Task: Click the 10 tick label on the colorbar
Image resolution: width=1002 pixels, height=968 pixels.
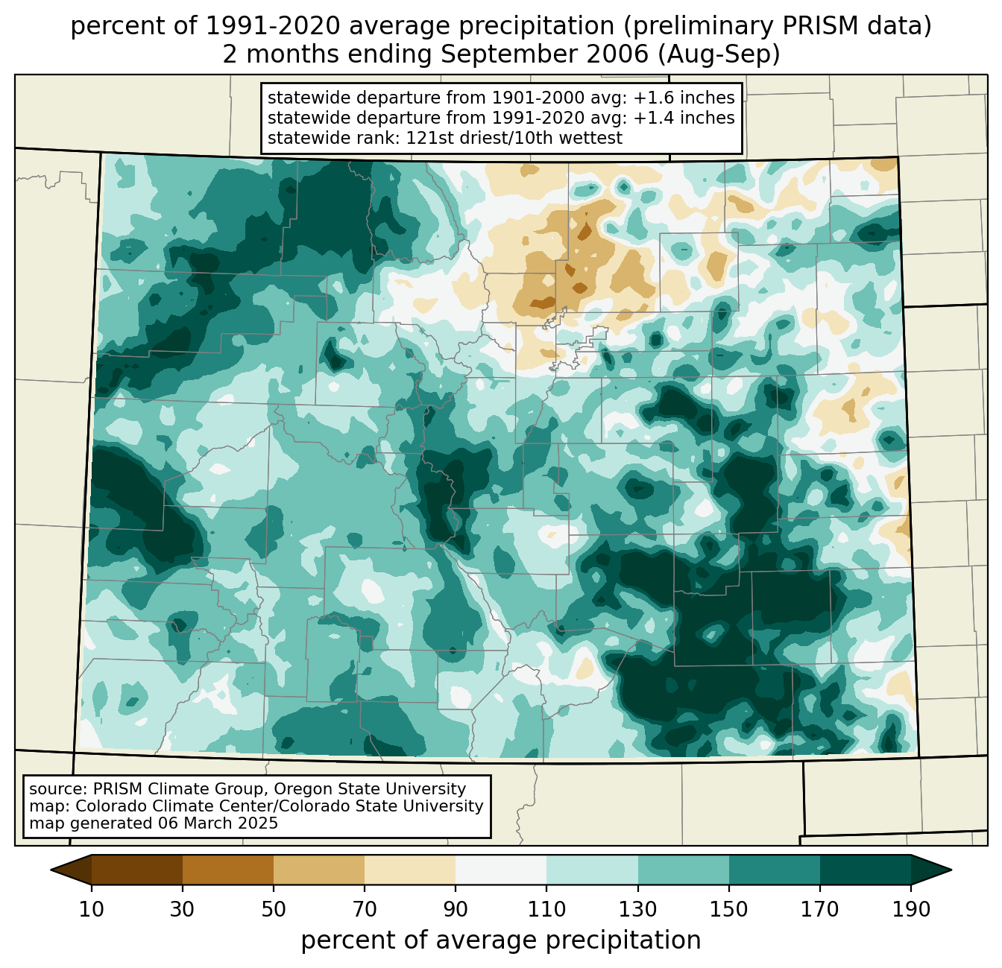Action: tap(92, 910)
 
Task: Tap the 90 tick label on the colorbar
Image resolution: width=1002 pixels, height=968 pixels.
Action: tap(456, 910)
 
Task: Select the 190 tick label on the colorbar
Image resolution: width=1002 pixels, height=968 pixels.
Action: tap(911, 910)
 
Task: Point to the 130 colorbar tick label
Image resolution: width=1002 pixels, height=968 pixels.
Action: tap(637, 910)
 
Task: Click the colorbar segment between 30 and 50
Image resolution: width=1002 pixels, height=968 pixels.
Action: tap(228, 870)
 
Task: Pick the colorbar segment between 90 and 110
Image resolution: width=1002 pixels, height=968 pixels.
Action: tap(501, 870)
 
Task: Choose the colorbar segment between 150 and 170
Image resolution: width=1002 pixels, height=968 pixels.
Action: tap(775, 870)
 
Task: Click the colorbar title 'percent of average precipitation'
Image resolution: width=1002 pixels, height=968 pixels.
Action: tap(501, 940)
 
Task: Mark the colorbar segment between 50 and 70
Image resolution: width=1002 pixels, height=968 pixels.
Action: tap(319, 870)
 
